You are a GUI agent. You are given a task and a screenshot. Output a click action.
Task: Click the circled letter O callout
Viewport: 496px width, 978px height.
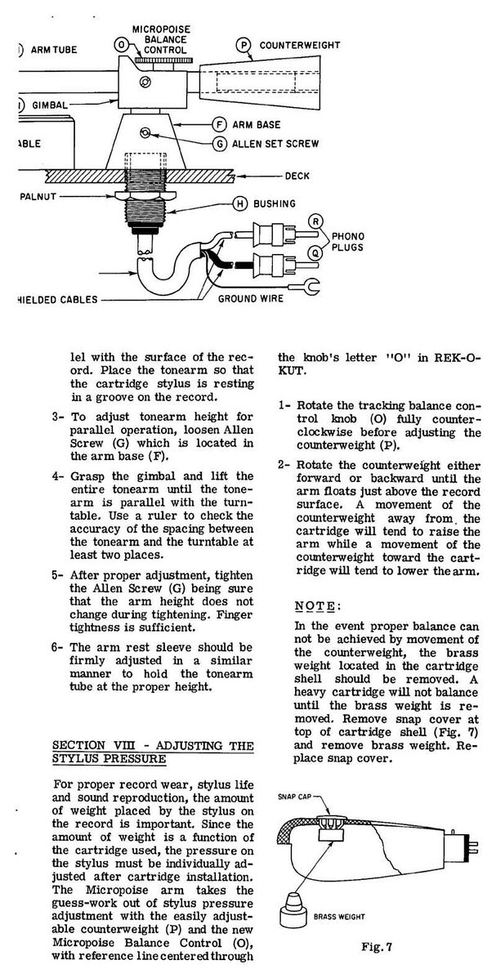(121, 43)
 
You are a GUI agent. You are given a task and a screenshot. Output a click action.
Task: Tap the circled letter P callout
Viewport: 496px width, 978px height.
(243, 46)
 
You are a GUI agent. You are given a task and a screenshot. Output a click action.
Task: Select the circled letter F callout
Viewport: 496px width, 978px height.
(218, 124)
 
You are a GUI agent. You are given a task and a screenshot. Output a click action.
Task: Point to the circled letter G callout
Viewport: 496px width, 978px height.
(218, 143)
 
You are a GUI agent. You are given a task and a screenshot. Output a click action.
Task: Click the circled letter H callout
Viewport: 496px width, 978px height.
(239, 203)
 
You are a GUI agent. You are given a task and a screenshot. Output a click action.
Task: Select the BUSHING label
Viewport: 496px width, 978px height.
(275, 203)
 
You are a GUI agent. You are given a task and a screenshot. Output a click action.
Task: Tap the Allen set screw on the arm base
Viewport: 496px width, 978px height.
(145, 133)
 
